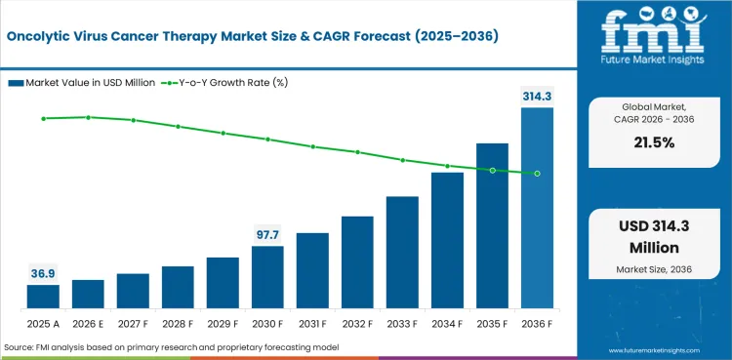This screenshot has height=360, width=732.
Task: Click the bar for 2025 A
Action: click(x=43, y=297)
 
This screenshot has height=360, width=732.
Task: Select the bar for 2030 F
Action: click(x=267, y=277)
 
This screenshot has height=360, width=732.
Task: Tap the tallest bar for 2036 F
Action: click(x=538, y=208)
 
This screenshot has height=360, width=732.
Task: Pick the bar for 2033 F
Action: click(x=402, y=252)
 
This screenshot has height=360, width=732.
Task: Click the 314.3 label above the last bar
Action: click(x=538, y=97)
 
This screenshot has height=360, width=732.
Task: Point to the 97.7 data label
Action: click(x=267, y=235)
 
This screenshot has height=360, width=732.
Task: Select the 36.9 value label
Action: click(x=43, y=274)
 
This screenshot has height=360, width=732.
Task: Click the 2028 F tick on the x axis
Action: click(x=178, y=324)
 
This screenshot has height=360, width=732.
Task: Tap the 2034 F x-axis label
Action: click(x=447, y=324)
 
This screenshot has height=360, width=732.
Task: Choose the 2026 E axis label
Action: click(x=88, y=324)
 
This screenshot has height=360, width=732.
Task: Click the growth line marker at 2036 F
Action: click(x=538, y=174)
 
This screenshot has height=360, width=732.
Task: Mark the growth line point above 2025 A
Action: click(x=43, y=119)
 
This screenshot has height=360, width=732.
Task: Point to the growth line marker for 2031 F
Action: click(x=312, y=146)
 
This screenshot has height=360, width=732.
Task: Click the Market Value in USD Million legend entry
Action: click(x=82, y=83)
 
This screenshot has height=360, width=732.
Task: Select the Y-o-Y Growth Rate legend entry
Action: click(x=224, y=83)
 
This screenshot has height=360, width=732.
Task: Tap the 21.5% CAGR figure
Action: click(x=654, y=142)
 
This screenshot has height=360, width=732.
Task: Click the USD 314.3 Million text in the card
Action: click(x=654, y=236)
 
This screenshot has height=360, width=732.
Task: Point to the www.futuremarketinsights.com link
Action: click(x=654, y=350)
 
